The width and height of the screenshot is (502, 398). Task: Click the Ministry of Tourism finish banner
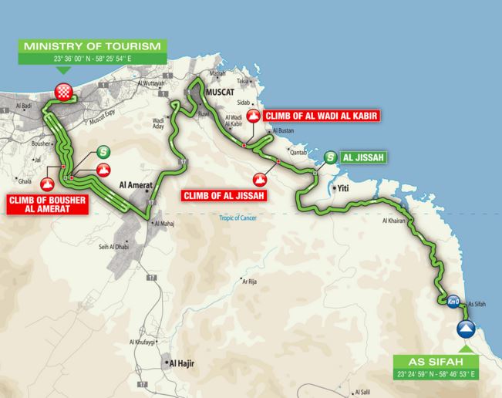pyautogui.click(x=93, y=46)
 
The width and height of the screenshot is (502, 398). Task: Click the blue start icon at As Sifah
pyautogui.click(x=464, y=330)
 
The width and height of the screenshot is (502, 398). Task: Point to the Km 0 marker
pyautogui.click(x=454, y=302)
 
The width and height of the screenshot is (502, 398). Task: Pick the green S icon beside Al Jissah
pyautogui.click(x=331, y=157)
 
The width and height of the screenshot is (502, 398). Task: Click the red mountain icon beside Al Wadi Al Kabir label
pyautogui.click(x=254, y=116)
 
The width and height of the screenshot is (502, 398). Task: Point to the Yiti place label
pyautogui.click(x=343, y=187)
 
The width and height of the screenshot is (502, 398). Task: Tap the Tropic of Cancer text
pyautogui.click(x=241, y=226)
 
